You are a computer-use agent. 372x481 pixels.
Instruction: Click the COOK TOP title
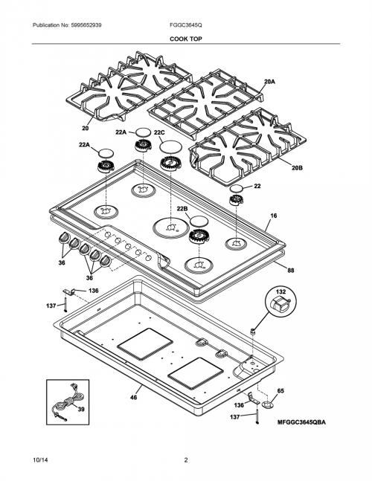(x=186, y=39)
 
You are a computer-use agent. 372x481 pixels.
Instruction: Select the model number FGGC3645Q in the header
(x=186, y=25)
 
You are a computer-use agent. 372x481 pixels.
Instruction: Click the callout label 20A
(x=269, y=82)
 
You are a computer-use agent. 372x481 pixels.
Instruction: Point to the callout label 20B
(x=297, y=168)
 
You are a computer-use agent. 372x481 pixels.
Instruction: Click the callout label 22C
(x=159, y=132)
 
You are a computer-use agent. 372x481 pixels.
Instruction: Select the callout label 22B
(x=182, y=209)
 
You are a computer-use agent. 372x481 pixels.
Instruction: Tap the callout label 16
(x=274, y=216)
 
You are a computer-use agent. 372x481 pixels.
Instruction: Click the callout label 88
(x=291, y=271)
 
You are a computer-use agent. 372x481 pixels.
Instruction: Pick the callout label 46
(x=133, y=397)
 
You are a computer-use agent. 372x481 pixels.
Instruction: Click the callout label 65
(x=280, y=391)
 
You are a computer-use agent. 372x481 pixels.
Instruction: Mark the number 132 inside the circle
(x=280, y=291)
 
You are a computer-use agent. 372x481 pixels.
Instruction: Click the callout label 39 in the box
(x=81, y=409)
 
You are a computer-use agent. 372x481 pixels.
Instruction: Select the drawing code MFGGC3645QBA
(x=302, y=422)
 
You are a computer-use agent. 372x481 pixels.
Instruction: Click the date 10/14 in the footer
(x=40, y=460)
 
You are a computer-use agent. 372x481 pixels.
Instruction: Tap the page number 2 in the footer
(x=186, y=460)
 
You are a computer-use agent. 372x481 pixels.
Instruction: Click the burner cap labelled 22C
(x=170, y=146)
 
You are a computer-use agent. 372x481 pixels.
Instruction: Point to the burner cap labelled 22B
(x=199, y=221)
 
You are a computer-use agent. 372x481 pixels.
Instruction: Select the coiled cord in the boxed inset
(x=68, y=402)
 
